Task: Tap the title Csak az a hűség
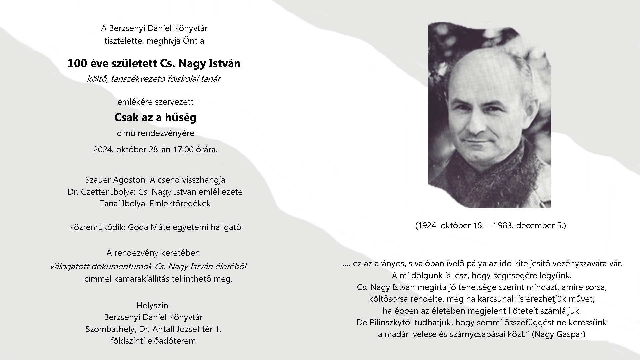tap(155, 117)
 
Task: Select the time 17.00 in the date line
tap(183, 150)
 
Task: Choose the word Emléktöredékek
tap(180, 204)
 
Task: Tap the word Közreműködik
tap(97, 227)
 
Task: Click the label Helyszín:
tap(153, 305)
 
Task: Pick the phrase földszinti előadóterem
tap(153, 341)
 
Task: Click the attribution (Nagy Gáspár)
tap(558, 334)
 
